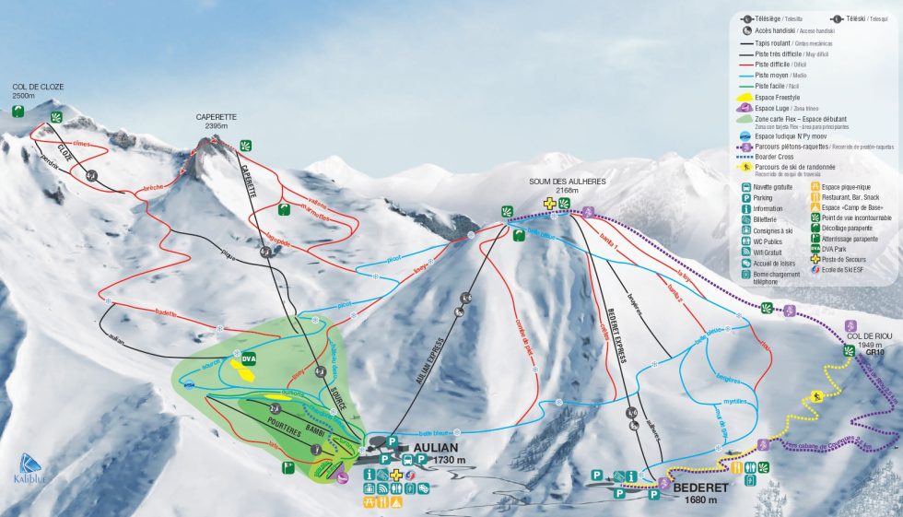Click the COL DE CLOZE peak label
37,87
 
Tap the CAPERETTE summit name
217,117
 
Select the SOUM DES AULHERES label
567,181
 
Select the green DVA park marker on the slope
248,358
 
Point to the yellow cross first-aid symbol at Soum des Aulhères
550,203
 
